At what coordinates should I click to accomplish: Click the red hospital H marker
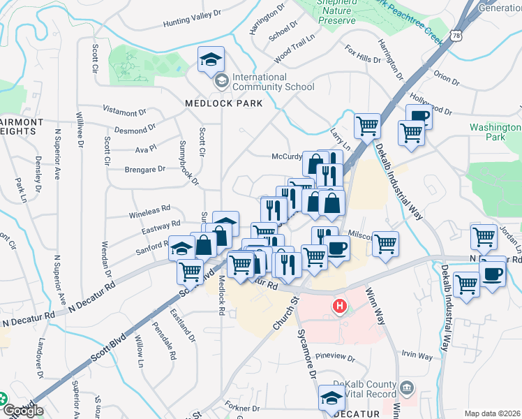click(x=340, y=306)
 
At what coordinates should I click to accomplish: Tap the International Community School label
click(x=269, y=82)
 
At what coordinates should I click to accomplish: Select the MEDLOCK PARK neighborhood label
click(x=223, y=103)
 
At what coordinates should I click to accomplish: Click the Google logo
click(x=22, y=411)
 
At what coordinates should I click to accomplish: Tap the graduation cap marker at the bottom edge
click(x=331, y=398)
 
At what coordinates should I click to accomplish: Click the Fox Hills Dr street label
click(x=363, y=54)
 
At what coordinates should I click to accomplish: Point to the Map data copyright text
click(x=493, y=413)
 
